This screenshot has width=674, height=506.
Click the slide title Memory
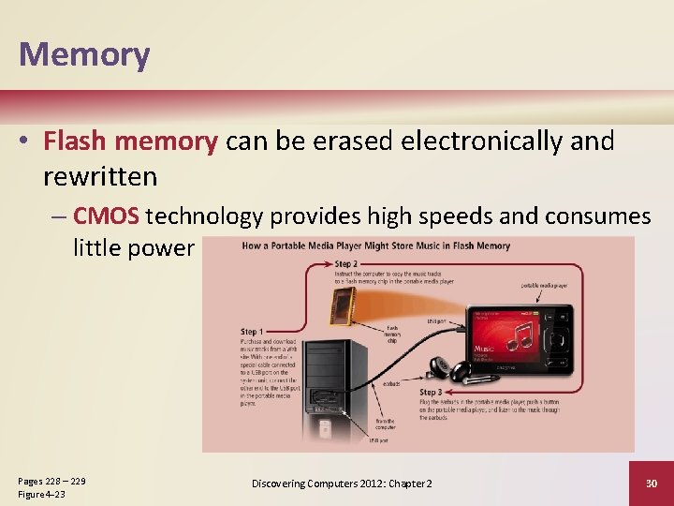[83, 54]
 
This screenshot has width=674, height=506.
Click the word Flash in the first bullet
[76, 141]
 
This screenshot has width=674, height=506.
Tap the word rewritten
[99, 176]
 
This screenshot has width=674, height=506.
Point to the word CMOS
[106, 216]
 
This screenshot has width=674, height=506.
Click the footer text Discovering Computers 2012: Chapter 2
[342, 484]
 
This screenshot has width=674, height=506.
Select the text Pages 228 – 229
[51, 481]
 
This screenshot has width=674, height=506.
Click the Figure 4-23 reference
[41, 494]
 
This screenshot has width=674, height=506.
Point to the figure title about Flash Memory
[375, 246]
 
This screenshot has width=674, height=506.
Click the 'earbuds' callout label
[393, 383]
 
